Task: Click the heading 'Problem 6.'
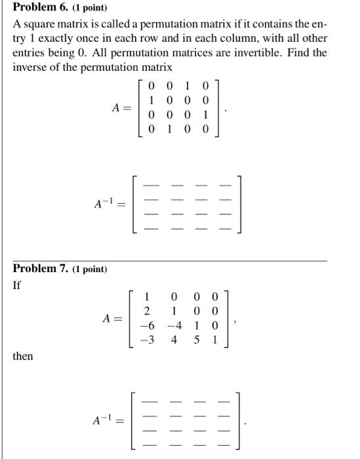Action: [x=43, y=9]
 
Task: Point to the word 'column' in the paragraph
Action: [x=223, y=39]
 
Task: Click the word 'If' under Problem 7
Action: [x=17, y=285]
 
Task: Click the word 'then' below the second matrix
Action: [x=22, y=357]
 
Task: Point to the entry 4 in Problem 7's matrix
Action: [x=174, y=340]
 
